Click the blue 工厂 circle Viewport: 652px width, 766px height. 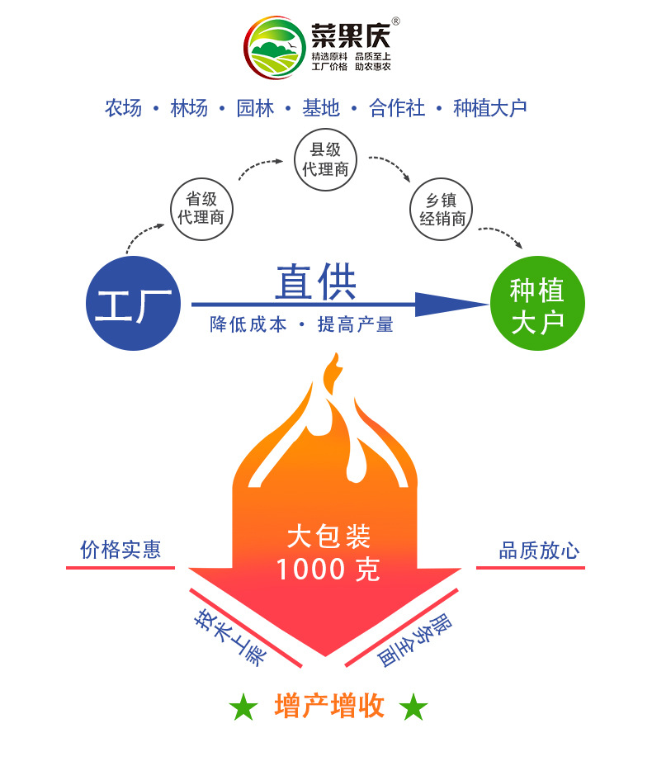[134, 304]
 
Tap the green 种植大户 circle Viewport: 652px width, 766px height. [536, 304]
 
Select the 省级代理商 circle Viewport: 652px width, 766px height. [201, 209]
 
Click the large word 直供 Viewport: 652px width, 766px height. [315, 283]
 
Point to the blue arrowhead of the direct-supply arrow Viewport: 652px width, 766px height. [450, 304]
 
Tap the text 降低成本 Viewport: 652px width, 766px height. [248, 325]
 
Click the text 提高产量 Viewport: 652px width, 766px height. [356, 325]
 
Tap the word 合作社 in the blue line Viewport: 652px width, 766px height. [397, 108]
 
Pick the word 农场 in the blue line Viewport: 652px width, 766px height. [123, 108]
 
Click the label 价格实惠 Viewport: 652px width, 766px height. [120, 550]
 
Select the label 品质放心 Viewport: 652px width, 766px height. [539, 551]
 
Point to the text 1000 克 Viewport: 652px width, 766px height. [328, 570]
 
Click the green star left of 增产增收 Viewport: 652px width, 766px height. [243, 707]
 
